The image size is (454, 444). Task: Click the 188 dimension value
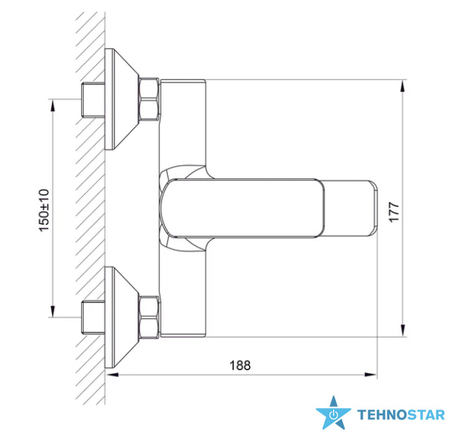tap(240, 365)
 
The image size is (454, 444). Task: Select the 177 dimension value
tap(394, 212)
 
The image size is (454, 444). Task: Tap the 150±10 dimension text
tap(44, 210)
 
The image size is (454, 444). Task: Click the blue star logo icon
tap(333, 413)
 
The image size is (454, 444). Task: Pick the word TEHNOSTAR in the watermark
tap(401, 414)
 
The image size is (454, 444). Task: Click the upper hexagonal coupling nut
tap(149, 99)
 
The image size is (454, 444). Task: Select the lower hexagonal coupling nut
tap(149, 318)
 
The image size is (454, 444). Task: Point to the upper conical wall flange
tap(121, 99)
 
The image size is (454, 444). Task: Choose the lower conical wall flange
tap(121, 318)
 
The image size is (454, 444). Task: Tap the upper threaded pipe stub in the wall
tap(93, 100)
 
